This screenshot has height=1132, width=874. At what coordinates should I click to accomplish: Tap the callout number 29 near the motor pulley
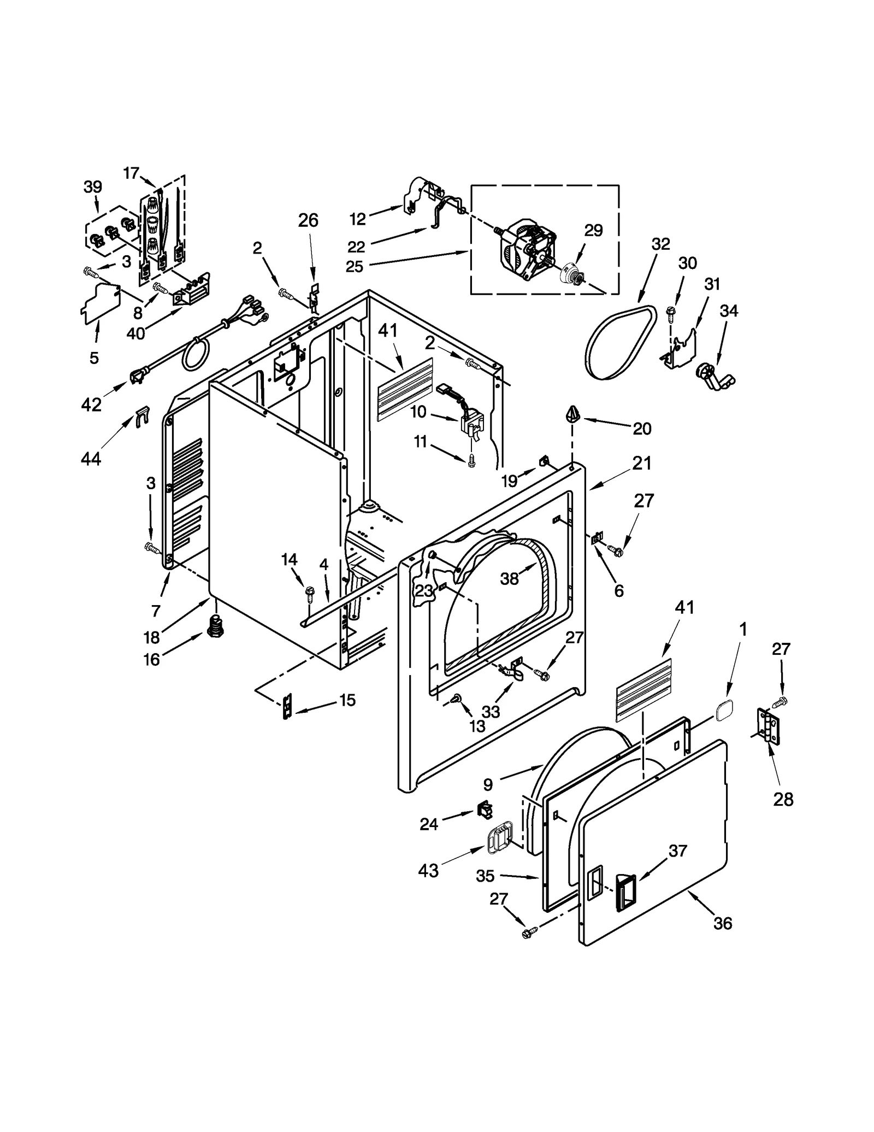click(x=593, y=231)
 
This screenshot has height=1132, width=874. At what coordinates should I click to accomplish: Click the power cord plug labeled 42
click(x=137, y=377)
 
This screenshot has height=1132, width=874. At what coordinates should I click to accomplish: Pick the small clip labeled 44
click(x=141, y=416)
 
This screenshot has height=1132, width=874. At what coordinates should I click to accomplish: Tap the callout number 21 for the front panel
click(x=642, y=463)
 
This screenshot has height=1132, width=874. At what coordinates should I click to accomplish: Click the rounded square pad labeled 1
click(x=724, y=710)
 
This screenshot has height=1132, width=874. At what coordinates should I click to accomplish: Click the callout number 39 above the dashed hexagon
click(x=93, y=187)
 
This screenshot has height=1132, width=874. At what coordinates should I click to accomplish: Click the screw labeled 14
click(x=309, y=591)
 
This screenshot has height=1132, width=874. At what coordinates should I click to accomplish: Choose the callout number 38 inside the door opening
click(x=509, y=579)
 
